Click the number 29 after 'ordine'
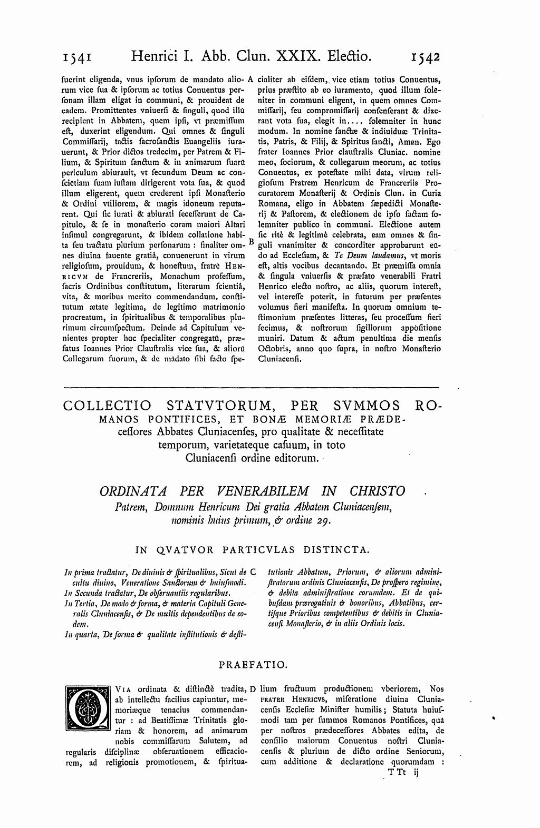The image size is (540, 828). [323, 521]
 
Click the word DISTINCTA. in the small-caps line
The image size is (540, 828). [335, 550]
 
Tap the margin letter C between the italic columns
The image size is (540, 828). [253, 571]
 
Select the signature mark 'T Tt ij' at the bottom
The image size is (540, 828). [403, 772]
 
